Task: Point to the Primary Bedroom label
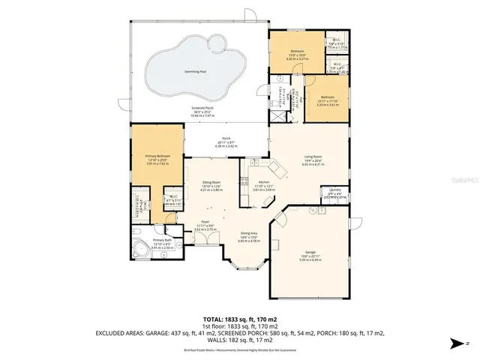point(157,156)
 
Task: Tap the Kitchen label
point(264,182)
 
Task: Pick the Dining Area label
point(249,234)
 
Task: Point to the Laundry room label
point(335,190)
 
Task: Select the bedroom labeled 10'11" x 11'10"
point(327,97)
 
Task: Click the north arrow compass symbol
point(457,343)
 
